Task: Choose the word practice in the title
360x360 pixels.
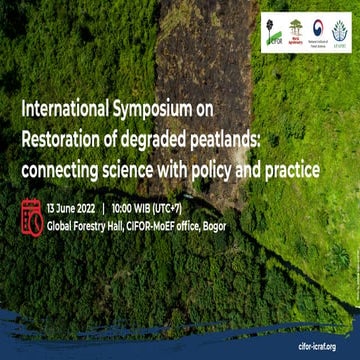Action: point(289,171)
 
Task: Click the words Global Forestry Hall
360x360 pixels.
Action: point(95,226)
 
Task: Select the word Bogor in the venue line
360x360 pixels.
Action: point(212,226)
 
